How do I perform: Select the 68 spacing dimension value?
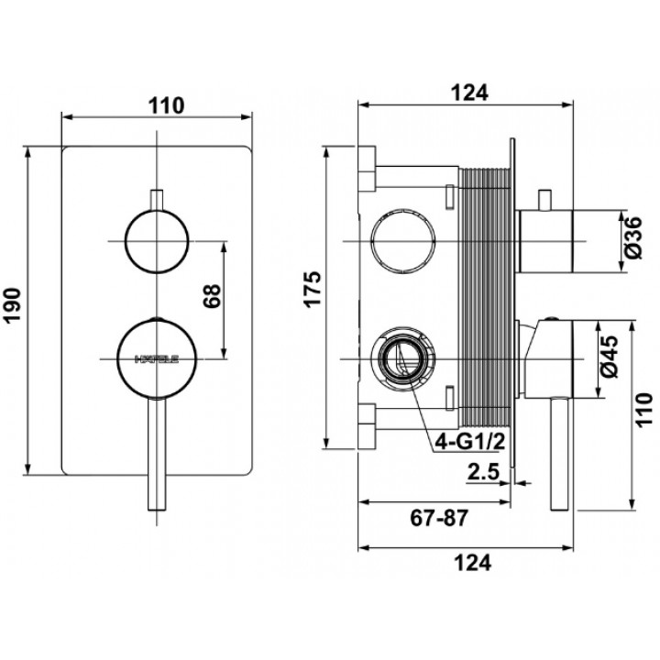pyautogui.click(x=212, y=296)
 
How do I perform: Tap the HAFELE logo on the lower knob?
pyautogui.click(x=157, y=359)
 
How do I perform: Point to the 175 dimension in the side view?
pyautogui.click(x=313, y=290)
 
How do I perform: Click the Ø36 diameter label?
pyautogui.click(x=632, y=237)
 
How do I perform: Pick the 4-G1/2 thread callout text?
pyautogui.click(x=469, y=442)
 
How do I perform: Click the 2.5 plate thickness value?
pyautogui.click(x=483, y=472)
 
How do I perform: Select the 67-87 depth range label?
pyautogui.click(x=439, y=518)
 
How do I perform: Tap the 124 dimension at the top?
pyautogui.click(x=469, y=93)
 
